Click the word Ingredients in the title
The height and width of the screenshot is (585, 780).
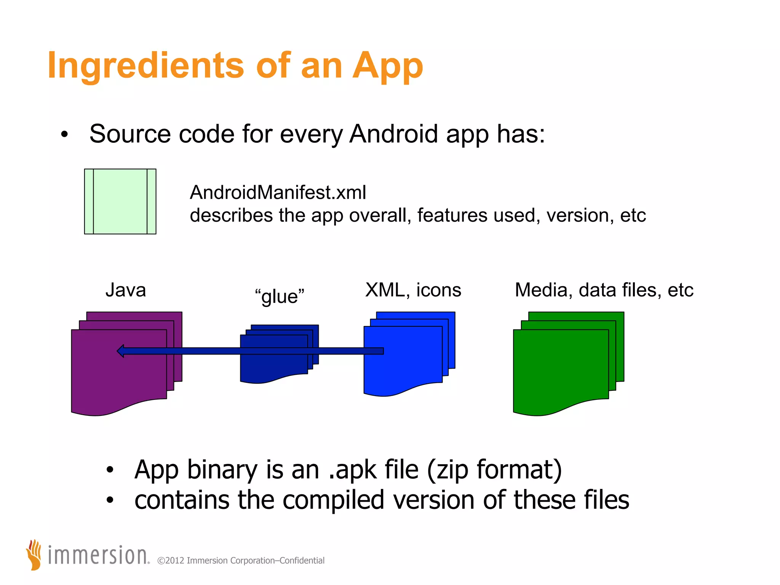(x=145, y=66)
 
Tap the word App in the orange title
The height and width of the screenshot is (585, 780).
(x=387, y=66)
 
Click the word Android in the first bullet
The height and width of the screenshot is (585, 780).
(x=393, y=134)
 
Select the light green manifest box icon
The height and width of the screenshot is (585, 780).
(x=120, y=201)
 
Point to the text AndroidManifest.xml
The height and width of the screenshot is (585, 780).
(x=278, y=192)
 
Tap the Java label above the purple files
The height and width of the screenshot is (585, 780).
(x=126, y=290)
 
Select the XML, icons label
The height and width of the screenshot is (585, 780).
(x=413, y=290)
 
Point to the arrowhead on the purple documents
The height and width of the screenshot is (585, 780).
(x=121, y=351)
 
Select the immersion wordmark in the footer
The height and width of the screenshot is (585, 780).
(x=98, y=556)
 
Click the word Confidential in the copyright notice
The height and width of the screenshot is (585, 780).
(x=302, y=561)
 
